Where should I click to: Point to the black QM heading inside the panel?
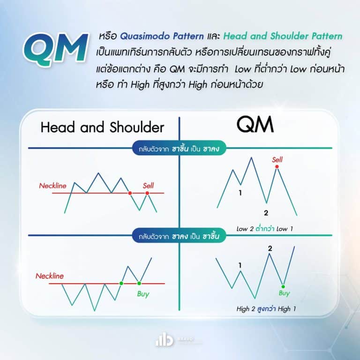click(x=255, y=125)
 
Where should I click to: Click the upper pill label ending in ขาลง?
click(x=180, y=148)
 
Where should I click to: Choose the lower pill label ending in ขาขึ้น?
click(x=180, y=236)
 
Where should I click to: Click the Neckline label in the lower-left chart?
click(x=50, y=276)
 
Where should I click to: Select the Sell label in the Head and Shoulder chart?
click(x=148, y=186)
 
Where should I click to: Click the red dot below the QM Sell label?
click(x=277, y=166)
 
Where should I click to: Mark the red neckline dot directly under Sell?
click(x=147, y=193)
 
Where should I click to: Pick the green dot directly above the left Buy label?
click(x=139, y=283)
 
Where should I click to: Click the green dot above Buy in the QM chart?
click(x=284, y=285)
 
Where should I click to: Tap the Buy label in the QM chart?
click(x=284, y=293)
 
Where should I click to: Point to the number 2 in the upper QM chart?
click(x=266, y=213)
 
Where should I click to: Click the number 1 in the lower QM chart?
click(x=240, y=266)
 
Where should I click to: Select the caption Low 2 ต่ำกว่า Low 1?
click(x=266, y=229)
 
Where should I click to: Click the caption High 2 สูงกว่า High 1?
click(x=266, y=309)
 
